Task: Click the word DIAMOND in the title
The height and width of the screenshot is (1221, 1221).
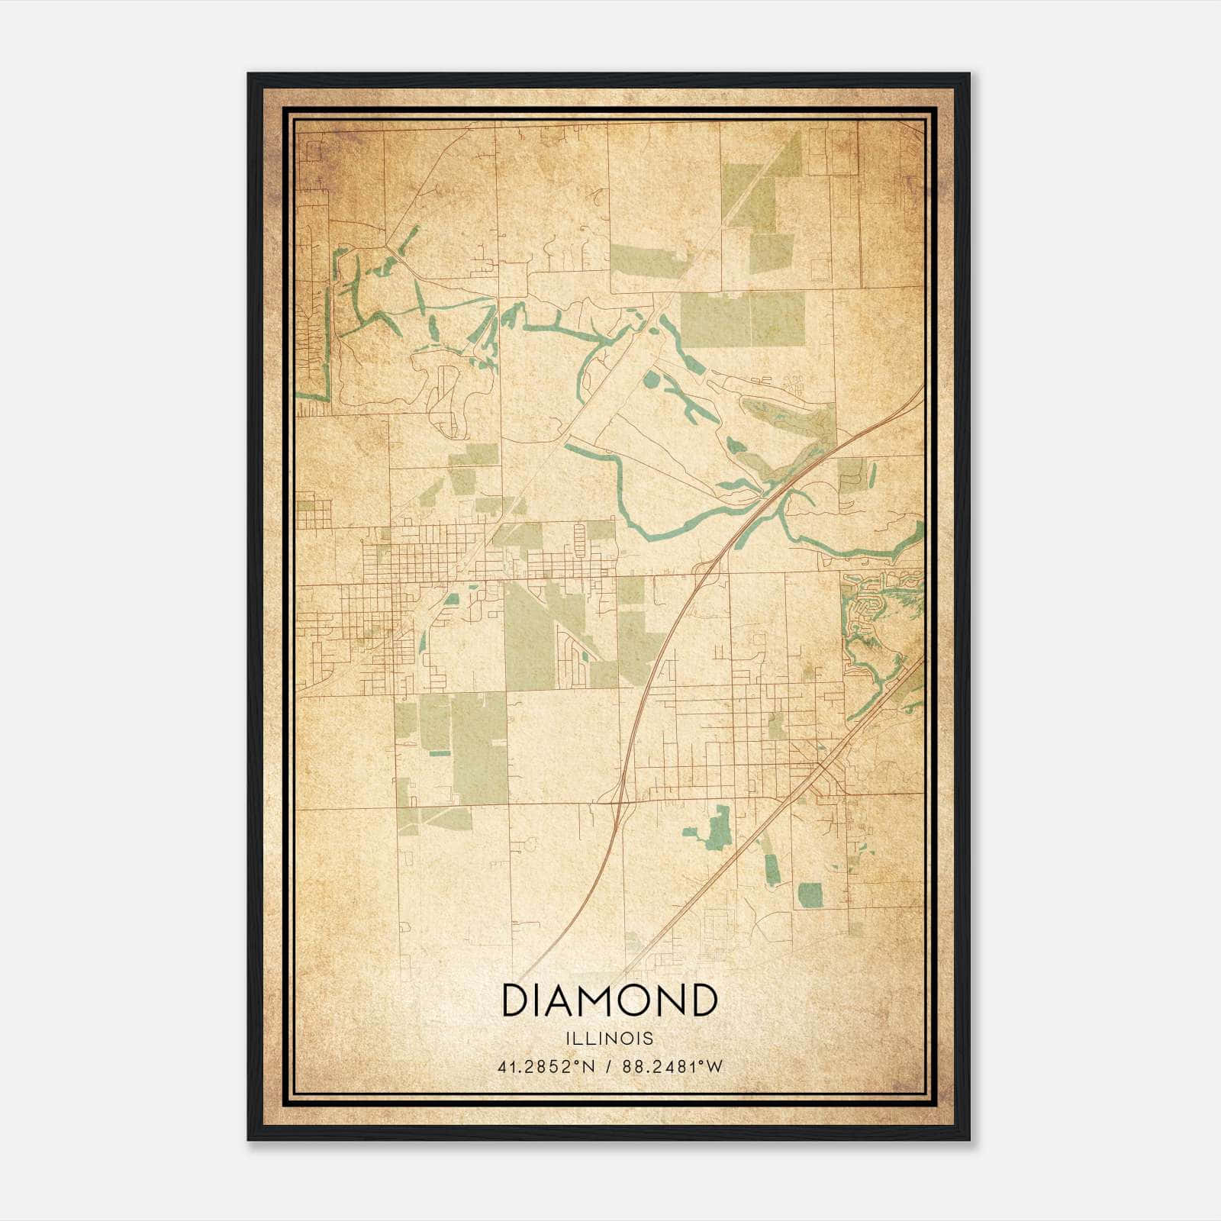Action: click(609, 1000)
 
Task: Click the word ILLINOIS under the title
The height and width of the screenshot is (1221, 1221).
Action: click(609, 1039)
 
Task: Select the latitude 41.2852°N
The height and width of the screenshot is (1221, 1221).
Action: click(544, 1067)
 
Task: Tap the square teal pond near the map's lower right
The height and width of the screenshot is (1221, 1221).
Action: click(810, 895)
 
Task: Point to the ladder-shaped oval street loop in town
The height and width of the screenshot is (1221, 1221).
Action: click(578, 540)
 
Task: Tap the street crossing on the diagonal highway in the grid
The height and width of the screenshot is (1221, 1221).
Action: click(823, 763)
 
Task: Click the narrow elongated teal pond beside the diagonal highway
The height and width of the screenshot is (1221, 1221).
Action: click(772, 867)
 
